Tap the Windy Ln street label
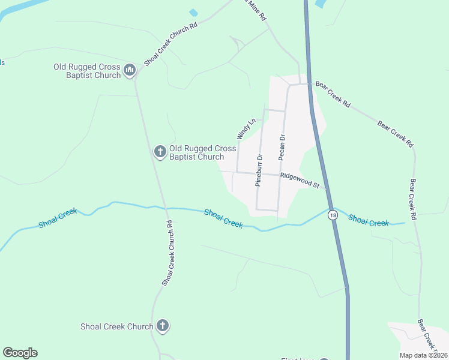246,128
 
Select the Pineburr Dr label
259,170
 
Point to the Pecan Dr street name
282,147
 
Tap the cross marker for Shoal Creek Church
162,326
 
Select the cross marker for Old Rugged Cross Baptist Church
160,152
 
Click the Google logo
20,353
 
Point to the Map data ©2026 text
423,355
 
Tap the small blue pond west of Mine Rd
193,13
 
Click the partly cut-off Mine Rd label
255,10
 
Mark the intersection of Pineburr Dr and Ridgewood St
259,173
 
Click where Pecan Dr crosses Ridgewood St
280,175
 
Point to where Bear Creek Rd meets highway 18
310,84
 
